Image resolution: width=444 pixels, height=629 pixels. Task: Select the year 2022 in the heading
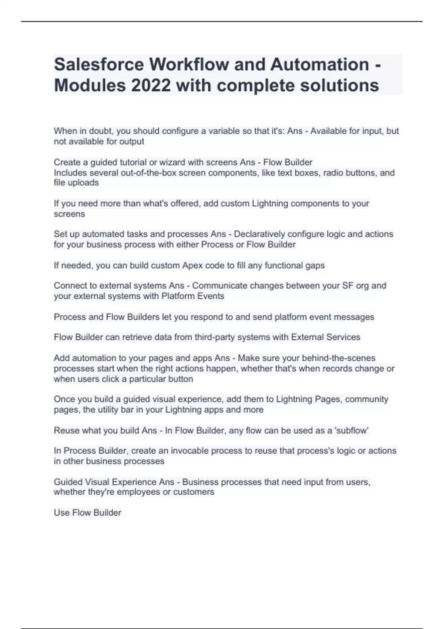[x=151, y=85]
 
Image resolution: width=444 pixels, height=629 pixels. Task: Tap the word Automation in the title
[x=320, y=65]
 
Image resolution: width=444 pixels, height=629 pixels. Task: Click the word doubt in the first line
[x=91, y=131]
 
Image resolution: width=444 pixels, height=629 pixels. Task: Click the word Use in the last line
[x=61, y=513]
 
